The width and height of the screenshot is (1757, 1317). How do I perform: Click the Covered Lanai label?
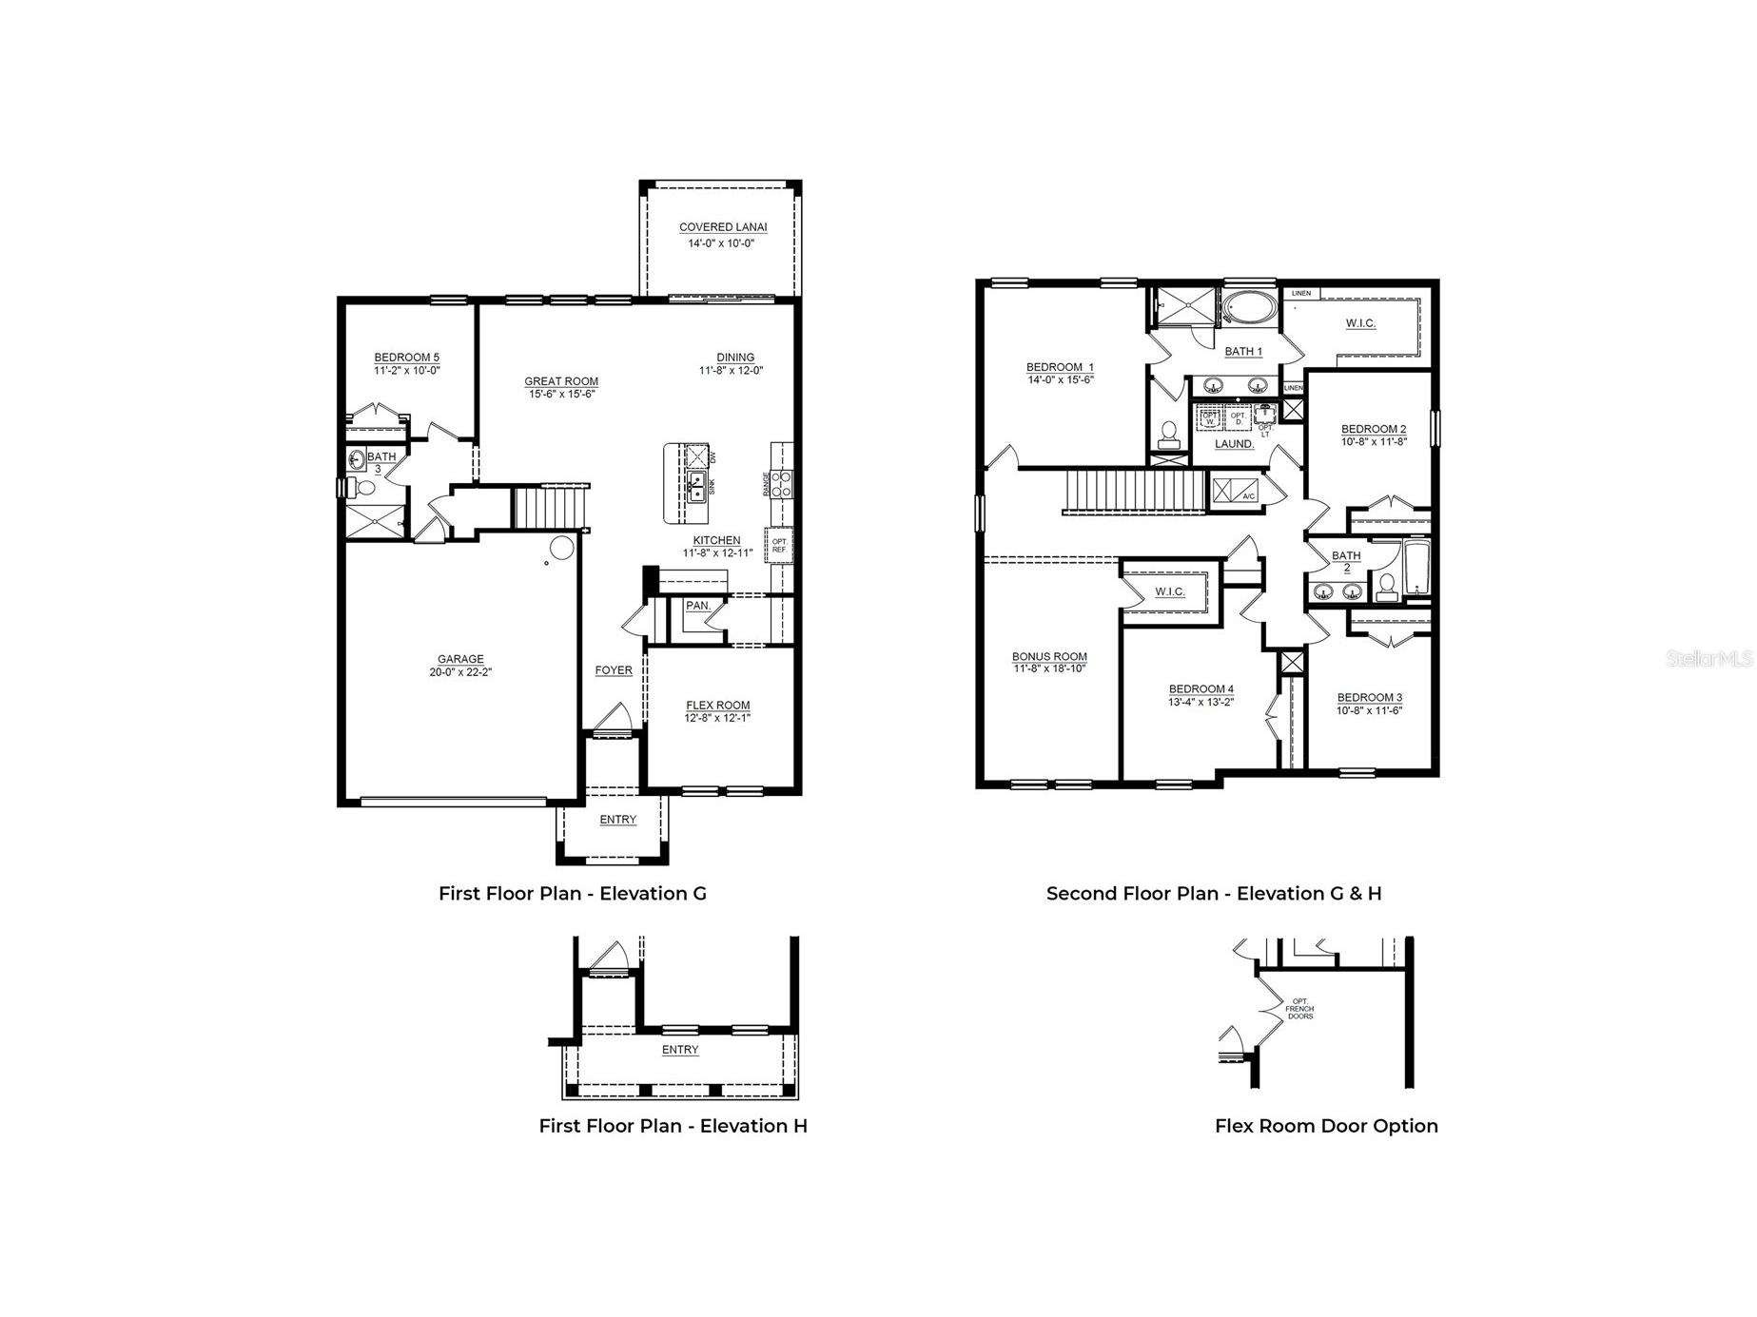pos(722,227)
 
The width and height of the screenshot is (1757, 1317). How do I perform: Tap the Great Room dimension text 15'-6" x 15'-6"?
pos(561,394)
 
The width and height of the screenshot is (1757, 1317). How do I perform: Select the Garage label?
pos(460,659)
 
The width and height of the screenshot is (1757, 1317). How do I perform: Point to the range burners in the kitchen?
pos(780,484)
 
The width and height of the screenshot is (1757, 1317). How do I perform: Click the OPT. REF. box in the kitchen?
pos(779,546)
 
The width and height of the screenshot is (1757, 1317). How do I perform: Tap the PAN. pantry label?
pos(697,606)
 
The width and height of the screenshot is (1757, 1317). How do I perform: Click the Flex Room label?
pos(717,706)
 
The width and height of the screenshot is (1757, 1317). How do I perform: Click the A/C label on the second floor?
pos(1249,496)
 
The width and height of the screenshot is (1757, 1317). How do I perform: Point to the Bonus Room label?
pos(1049,656)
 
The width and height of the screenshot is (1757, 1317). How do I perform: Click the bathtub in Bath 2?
pos(1416,569)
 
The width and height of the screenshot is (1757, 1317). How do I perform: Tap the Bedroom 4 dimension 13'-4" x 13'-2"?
pos(1201,702)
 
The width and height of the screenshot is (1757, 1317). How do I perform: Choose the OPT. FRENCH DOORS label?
pos(1299,1009)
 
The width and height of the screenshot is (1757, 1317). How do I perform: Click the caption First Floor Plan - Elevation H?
pos(673,1126)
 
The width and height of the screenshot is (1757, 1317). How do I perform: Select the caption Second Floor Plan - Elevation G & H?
pos(1214,893)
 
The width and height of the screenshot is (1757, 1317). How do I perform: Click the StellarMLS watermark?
pos(1708,658)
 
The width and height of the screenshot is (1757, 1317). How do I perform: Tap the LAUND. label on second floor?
pos(1234,444)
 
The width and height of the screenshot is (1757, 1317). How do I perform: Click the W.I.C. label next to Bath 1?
pos(1360,323)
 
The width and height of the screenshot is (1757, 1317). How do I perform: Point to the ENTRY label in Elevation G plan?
pos(617,820)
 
